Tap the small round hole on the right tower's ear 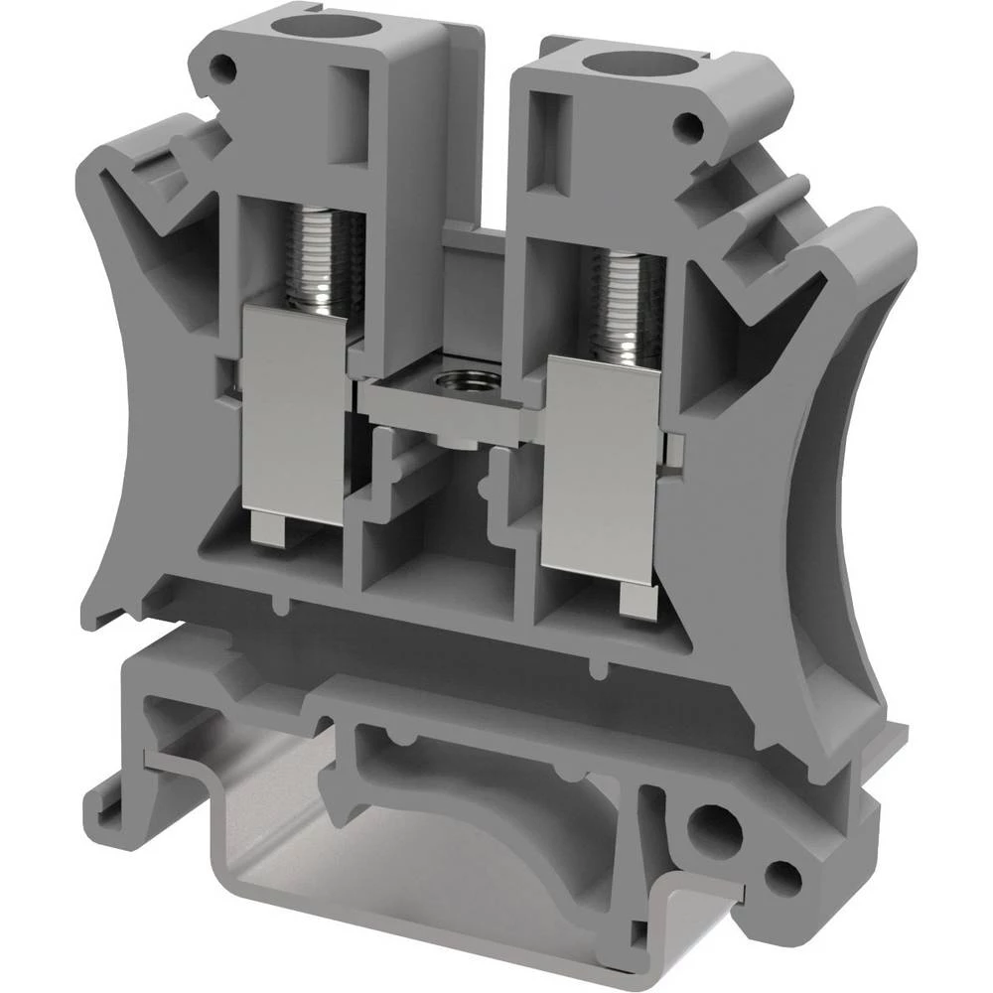pos(684,126)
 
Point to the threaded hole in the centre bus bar pos(460,380)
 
